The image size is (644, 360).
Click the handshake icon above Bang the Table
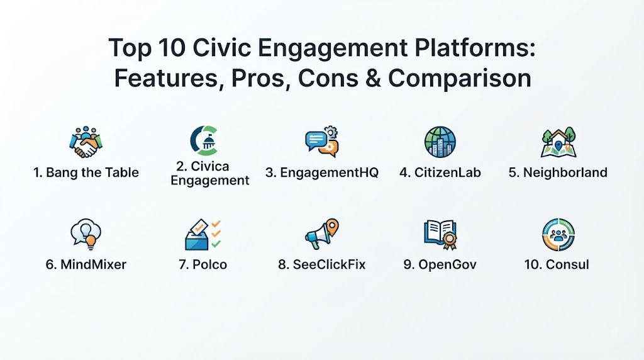tap(86, 142)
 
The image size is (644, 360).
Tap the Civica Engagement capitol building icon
tap(204, 140)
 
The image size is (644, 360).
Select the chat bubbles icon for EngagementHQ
tap(322, 142)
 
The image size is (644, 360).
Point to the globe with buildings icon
tap(440, 142)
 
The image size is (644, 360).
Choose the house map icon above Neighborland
tap(558, 142)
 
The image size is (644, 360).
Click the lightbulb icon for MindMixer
tap(86, 234)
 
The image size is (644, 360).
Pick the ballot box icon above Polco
tap(203, 234)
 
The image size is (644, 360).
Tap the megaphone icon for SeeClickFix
tap(322, 234)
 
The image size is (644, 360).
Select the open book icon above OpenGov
tap(440, 235)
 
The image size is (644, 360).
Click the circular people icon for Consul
tap(558, 235)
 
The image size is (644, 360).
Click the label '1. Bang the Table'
tap(86, 172)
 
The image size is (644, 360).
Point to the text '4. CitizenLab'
tap(440, 172)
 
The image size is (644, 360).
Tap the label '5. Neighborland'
tap(558, 172)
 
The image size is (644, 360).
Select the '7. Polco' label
tap(203, 264)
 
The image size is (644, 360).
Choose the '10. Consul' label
tap(557, 264)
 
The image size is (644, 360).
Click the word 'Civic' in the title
tap(222, 47)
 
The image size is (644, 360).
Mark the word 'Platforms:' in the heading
tap(475, 48)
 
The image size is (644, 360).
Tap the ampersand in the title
tap(373, 78)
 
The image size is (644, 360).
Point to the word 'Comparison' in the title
tap(460, 79)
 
